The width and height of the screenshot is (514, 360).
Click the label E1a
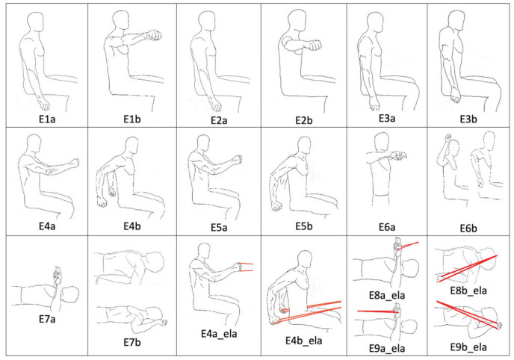point(47,119)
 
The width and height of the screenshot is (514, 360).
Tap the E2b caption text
point(304,120)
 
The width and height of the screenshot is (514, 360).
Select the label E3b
point(468,119)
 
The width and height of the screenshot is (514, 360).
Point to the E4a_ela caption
point(219,334)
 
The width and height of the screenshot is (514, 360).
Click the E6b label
point(468,228)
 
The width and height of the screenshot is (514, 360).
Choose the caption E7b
point(132,342)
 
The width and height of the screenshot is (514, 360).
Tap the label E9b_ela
point(468,347)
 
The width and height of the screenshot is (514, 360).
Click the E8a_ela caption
point(387,295)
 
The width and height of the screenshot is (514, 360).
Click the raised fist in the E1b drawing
point(154,35)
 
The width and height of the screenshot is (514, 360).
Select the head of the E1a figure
point(35,22)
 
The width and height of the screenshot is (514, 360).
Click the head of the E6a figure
point(382,142)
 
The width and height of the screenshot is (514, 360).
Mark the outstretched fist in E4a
point(75,163)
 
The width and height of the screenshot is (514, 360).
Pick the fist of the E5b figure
point(276,206)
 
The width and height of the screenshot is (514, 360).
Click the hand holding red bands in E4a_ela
point(238,267)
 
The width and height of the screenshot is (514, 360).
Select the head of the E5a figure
point(204,144)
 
